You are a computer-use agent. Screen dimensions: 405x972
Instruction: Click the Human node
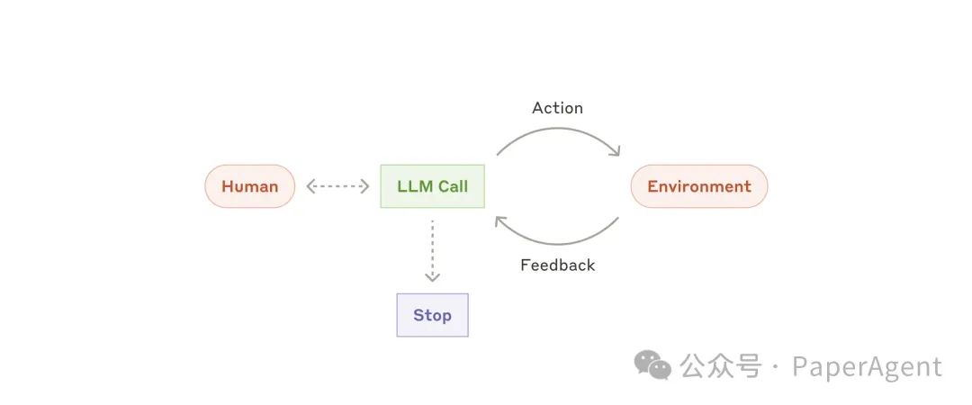point(249,186)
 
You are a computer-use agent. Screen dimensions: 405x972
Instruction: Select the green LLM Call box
point(432,186)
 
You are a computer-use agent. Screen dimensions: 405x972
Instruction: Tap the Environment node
point(698,186)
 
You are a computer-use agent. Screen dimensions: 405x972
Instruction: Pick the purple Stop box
point(432,315)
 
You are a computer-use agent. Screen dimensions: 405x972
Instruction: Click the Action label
point(557,108)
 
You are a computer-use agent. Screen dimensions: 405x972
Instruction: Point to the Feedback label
point(557,265)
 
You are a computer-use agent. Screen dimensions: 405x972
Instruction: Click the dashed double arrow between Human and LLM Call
point(337,186)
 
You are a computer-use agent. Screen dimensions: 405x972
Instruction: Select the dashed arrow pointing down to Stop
point(432,247)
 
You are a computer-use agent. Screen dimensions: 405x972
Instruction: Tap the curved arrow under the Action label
point(558,131)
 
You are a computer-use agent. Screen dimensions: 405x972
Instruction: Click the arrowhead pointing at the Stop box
point(432,276)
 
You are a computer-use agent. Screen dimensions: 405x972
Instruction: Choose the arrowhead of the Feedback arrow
point(500,220)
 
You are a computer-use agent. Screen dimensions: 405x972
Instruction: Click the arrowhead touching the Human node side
point(310,186)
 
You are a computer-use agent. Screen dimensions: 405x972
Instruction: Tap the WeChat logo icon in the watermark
point(652,364)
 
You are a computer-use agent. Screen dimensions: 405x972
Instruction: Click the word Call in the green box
point(453,186)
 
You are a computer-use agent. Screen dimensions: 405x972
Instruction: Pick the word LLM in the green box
point(414,186)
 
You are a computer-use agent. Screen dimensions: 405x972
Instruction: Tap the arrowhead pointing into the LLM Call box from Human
point(365,186)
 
